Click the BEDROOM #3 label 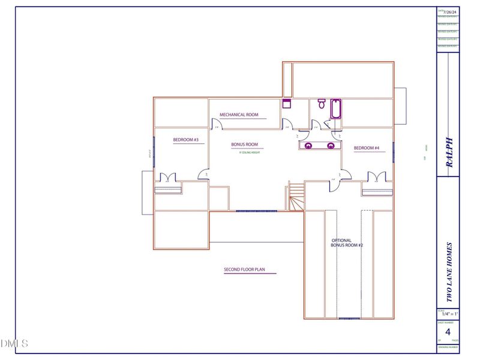tap(185, 140)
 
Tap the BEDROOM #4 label tap(366, 148)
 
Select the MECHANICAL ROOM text tap(239, 115)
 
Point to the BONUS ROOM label tap(245, 145)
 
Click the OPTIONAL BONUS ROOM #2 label tap(347, 243)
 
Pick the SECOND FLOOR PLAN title tap(244, 270)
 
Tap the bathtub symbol tap(335, 108)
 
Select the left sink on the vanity tap(308, 145)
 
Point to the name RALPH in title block tap(449, 152)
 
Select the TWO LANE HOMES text tap(449, 272)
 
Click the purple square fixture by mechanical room tap(287, 103)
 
